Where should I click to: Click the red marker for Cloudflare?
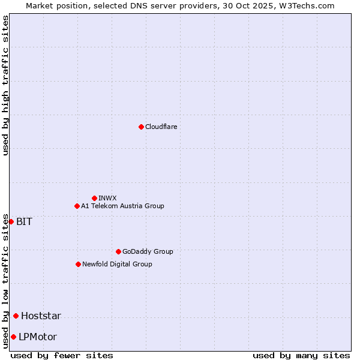click(141, 127)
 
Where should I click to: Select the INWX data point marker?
click(94, 198)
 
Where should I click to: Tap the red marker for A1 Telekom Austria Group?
click(77, 206)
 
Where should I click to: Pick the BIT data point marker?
click(11, 221)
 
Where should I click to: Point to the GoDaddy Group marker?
click(118, 251)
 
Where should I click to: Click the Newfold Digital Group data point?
click(78, 264)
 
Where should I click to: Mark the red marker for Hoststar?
click(16, 316)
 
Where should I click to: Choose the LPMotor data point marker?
click(13, 337)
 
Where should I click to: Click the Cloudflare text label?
click(161, 127)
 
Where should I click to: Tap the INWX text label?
click(107, 198)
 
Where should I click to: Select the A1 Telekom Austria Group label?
click(122, 206)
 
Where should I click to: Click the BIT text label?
click(24, 221)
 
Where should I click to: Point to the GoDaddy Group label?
click(148, 251)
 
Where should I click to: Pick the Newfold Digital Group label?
click(117, 264)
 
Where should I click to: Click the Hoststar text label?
click(41, 316)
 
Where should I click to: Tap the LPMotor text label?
click(38, 337)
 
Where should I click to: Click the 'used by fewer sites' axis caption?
click(62, 355)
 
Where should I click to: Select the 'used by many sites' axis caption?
click(301, 355)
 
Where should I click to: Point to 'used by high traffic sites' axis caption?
click(5, 85)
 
